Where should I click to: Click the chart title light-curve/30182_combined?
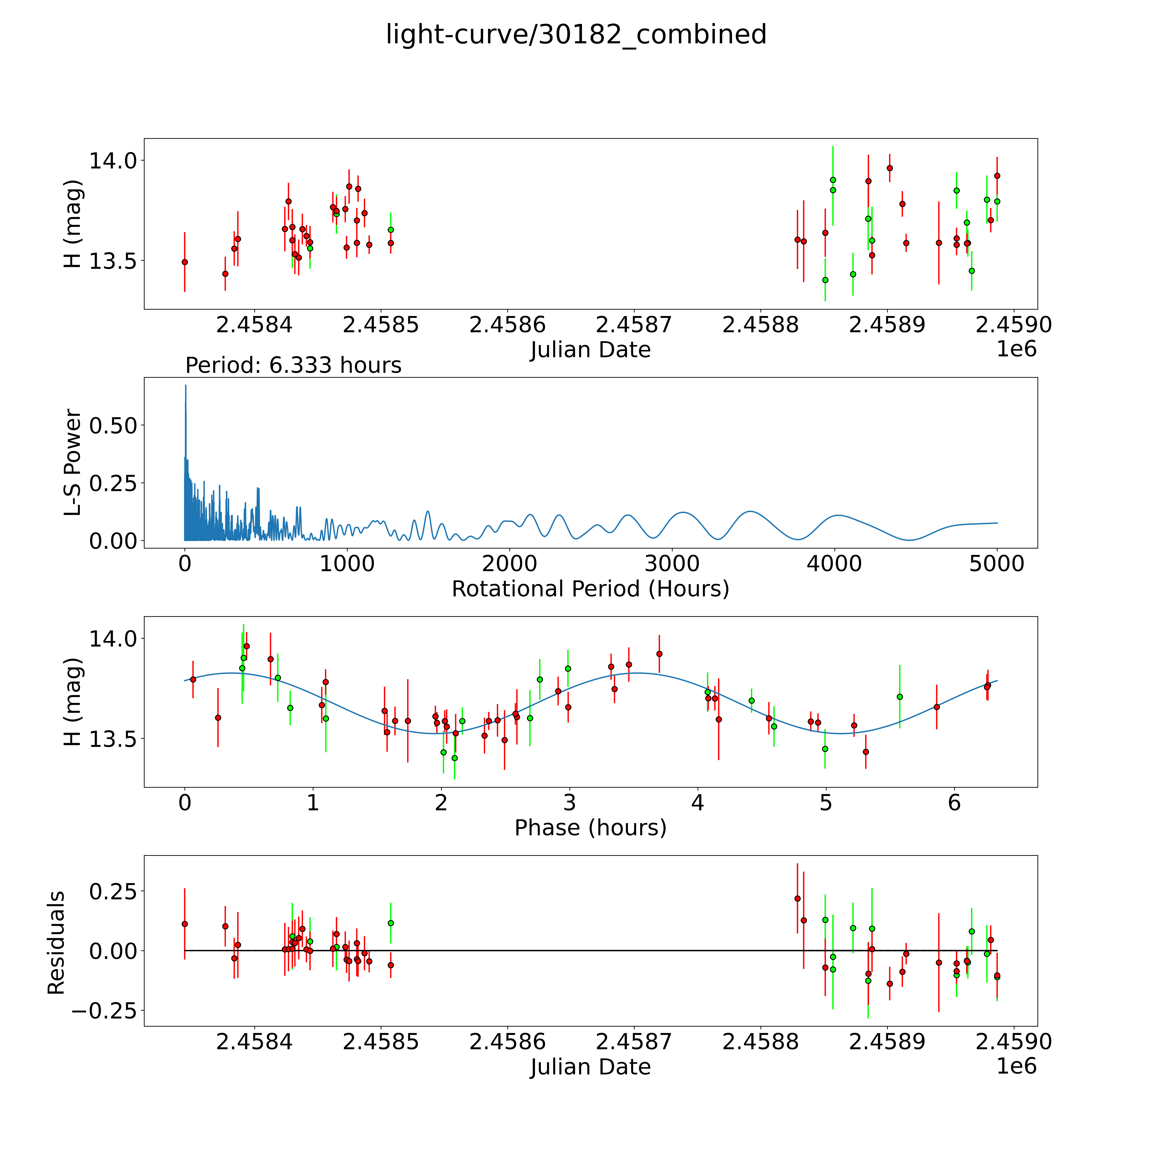[x=576, y=35]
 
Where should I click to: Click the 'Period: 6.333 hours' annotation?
[x=293, y=365]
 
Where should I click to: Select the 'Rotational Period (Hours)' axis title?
[x=590, y=589]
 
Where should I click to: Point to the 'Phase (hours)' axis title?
[x=590, y=828]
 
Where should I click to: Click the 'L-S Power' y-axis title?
[x=73, y=462]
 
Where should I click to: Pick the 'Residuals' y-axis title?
[x=56, y=944]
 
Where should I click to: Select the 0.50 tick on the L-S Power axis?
[x=113, y=426]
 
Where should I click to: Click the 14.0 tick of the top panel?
[x=113, y=161]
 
